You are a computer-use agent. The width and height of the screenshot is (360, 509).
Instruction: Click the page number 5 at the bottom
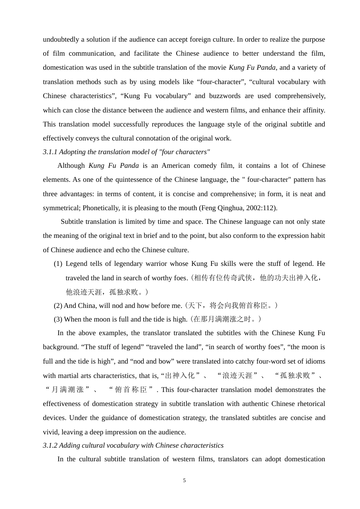184,481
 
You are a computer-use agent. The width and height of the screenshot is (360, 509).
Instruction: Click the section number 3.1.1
50,152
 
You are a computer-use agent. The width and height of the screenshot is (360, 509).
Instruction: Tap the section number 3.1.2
50,445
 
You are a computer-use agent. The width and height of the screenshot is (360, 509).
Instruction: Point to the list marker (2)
58,306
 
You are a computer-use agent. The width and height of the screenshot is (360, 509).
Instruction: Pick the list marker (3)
58,319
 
